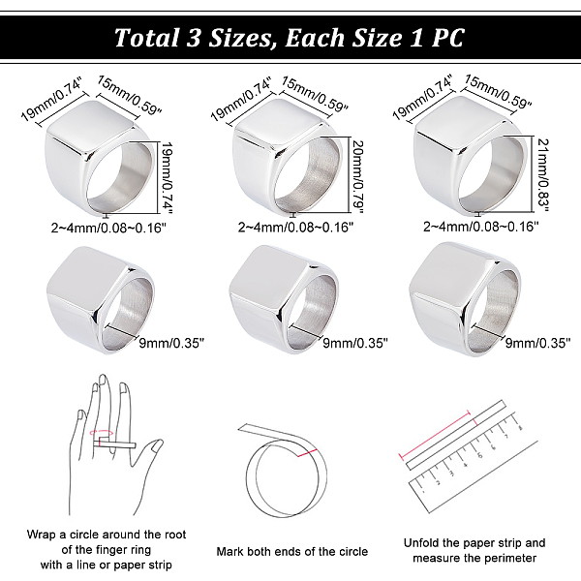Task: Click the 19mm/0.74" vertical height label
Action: [x=168, y=178]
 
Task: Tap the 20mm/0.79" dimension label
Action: [x=357, y=177]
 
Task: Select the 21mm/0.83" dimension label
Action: [x=543, y=175]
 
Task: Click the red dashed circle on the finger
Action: [x=102, y=433]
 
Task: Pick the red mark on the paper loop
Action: [x=307, y=453]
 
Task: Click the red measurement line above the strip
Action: [x=435, y=435]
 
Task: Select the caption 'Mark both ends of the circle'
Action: [x=292, y=551]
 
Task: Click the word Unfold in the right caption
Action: [x=421, y=543]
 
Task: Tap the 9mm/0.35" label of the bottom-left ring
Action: [x=171, y=344]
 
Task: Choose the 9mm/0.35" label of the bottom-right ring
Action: [x=538, y=343]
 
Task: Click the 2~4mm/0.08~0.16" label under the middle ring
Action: [x=295, y=227]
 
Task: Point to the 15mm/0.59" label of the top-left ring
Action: [x=130, y=95]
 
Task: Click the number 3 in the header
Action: [x=193, y=38]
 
